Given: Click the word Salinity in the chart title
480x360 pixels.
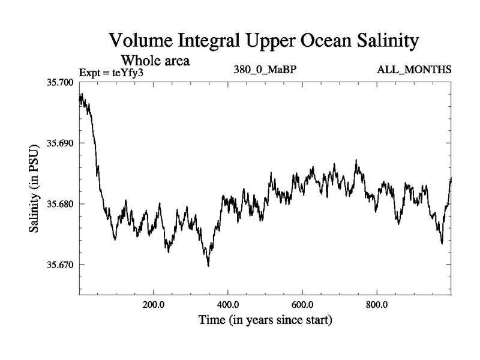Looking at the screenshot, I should click(x=379, y=42).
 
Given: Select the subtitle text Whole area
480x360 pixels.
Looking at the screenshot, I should click(x=155, y=61).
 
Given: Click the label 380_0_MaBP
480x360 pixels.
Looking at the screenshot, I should click(x=266, y=70).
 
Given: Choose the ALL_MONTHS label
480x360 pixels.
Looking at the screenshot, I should click(x=414, y=70).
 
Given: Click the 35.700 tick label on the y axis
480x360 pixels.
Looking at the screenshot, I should click(x=59, y=82).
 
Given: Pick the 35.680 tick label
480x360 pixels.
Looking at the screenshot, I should click(x=59, y=204).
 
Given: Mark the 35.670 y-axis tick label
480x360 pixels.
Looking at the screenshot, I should click(x=59, y=265).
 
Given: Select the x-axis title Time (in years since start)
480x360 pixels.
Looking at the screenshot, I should click(x=265, y=320).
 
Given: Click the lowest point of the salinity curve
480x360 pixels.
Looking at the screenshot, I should click(x=208, y=265).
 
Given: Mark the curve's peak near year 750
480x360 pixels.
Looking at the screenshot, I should click(x=356, y=160).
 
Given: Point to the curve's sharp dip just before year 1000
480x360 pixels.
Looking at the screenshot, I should click(x=442, y=243).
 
